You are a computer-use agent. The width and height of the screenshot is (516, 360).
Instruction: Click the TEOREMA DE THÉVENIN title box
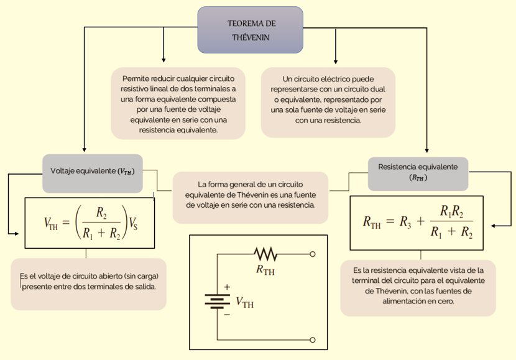pyautogui.click(x=250, y=30)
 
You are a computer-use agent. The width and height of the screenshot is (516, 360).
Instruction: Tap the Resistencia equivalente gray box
pyautogui.click(x=418, y=172)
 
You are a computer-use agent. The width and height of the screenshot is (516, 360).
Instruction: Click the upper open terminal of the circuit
pyautogui.click(x=312, y=254)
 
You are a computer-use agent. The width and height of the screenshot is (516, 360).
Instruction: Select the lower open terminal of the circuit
pyautogui.click(x=312, y=339)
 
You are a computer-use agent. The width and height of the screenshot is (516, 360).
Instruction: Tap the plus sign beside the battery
pyautogui.click(x=227, y=287)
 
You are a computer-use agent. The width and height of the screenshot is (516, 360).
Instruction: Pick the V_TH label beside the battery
pyautogui.click(x=244, y=303)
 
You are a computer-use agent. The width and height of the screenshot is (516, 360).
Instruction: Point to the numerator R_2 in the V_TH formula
pyautogui.click(x=101, y=213)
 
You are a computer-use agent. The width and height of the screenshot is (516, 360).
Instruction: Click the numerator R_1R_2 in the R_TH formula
pyautogui.click(x=452, y=211)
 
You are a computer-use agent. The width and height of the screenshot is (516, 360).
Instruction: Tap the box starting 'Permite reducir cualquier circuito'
pyautogui.click(x=178, y=104)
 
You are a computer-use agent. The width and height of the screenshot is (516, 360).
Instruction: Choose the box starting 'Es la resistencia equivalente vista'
pyautogui.click(x=418, y=287)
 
